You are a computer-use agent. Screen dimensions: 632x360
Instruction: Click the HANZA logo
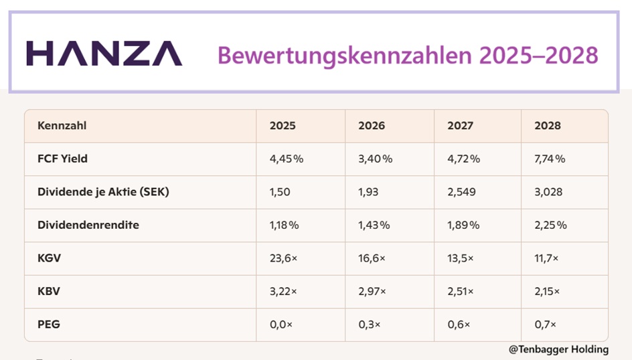[x=104, y=53]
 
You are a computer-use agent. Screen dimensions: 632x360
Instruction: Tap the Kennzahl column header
[x=62, y=126]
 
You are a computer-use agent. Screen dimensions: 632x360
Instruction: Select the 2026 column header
[x=372, y=126]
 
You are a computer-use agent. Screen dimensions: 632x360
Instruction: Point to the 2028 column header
[x=548, y=126]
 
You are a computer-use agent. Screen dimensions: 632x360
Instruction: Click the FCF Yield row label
[x=62, y=159]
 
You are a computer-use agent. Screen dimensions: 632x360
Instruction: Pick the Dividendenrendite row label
[x=88, y=225]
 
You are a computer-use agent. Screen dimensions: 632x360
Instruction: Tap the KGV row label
[x=49, y=258]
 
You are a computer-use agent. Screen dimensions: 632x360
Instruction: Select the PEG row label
[x=49, y=324]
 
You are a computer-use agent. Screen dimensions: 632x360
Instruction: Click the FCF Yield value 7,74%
[x=550, y=159]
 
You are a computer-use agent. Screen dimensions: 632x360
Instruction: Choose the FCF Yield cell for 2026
[x=375, y=159]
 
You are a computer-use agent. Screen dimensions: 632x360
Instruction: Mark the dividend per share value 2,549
[x=461, y=192]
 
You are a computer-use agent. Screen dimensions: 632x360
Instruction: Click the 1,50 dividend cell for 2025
[x=280, y=192]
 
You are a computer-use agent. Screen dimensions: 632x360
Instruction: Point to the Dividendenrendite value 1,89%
[x=463, y=225]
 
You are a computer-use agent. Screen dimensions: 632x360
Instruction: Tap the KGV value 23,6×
[x=283, y=258]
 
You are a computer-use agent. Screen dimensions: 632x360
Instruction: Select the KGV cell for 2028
[x=546, y=258]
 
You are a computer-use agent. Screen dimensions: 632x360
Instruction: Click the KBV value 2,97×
[x=372, y=291]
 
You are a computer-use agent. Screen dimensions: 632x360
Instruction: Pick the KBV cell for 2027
[x=461, y=291]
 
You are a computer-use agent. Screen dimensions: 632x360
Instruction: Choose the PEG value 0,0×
[x=281, y=325]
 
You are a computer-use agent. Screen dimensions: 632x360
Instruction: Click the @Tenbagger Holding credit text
[x=558, y=349]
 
